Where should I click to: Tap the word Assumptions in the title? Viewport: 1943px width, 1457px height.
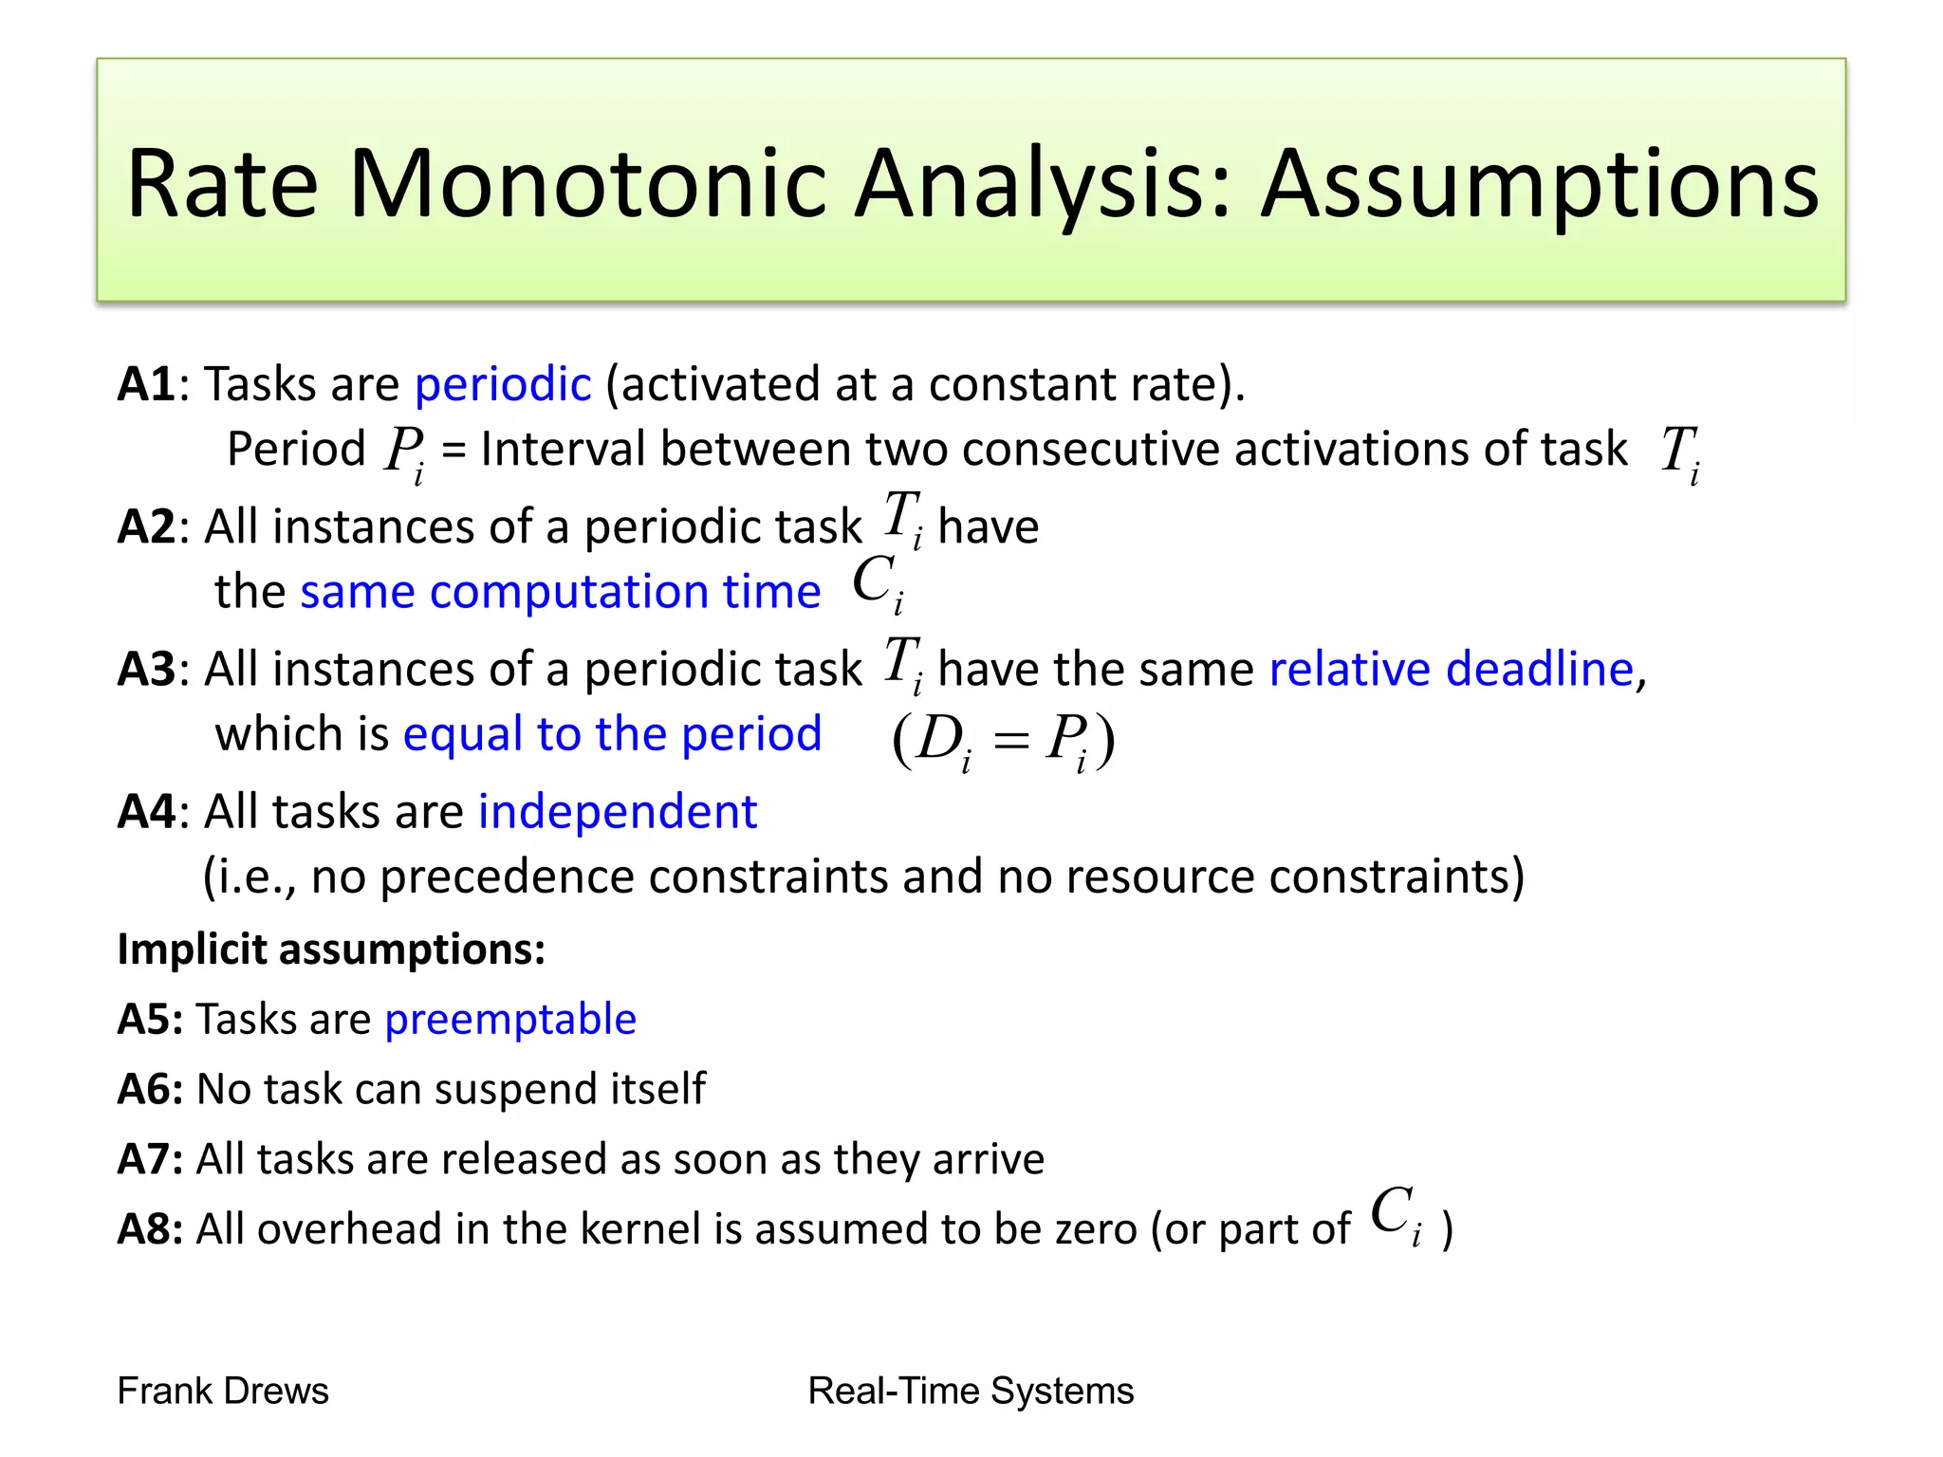(1539, 185)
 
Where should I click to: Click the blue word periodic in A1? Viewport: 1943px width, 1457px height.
(503, 385)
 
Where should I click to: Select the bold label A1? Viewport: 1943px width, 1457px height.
(146, 385)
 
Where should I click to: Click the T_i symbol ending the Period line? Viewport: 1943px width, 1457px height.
(1680, 452)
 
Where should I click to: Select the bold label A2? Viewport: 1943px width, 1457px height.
(146, 527)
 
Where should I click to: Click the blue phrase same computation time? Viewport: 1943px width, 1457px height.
(560, 592)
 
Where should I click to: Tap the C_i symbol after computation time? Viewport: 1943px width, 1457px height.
(878, 582)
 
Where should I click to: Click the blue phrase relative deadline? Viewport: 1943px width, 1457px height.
(1452, 670)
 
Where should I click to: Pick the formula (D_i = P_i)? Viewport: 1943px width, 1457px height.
(1003, 741)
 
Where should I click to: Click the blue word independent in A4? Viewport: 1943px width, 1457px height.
(617, 812)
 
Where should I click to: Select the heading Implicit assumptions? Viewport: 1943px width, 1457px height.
(331, 950)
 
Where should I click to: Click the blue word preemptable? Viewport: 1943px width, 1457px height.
(510, 1020)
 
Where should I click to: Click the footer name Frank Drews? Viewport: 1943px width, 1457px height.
(223, 1392)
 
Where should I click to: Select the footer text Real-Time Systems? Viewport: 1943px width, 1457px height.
(971, 1392)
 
